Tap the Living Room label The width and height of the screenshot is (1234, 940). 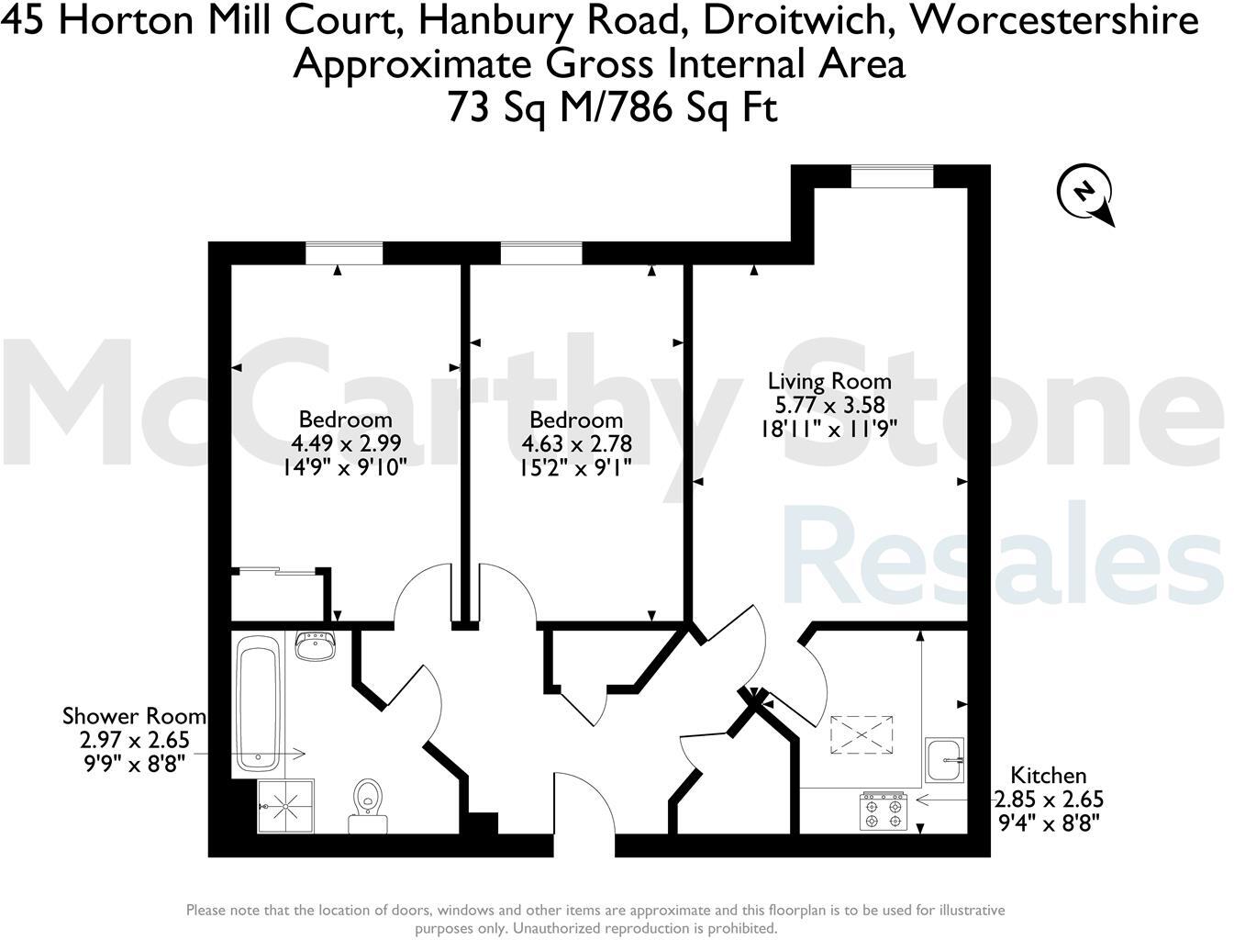[829, 381]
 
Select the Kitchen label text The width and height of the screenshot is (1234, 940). [1048, 776]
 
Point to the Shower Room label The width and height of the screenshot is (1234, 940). [134, 716]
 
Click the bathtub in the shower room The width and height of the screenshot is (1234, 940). [258, 704]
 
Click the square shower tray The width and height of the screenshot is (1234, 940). [286, 807]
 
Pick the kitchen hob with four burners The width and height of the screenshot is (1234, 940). [883, 811]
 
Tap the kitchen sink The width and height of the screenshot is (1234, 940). [945, 760]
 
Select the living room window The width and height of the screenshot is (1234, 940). [892, 175]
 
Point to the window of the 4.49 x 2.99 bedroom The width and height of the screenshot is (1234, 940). [343, 252]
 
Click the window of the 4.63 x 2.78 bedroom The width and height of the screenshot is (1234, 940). [540, 252]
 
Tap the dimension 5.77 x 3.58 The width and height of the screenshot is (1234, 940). [829, 404]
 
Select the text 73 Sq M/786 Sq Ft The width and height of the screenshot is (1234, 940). [612, 107]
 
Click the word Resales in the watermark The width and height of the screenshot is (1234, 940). [1002, 555]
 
